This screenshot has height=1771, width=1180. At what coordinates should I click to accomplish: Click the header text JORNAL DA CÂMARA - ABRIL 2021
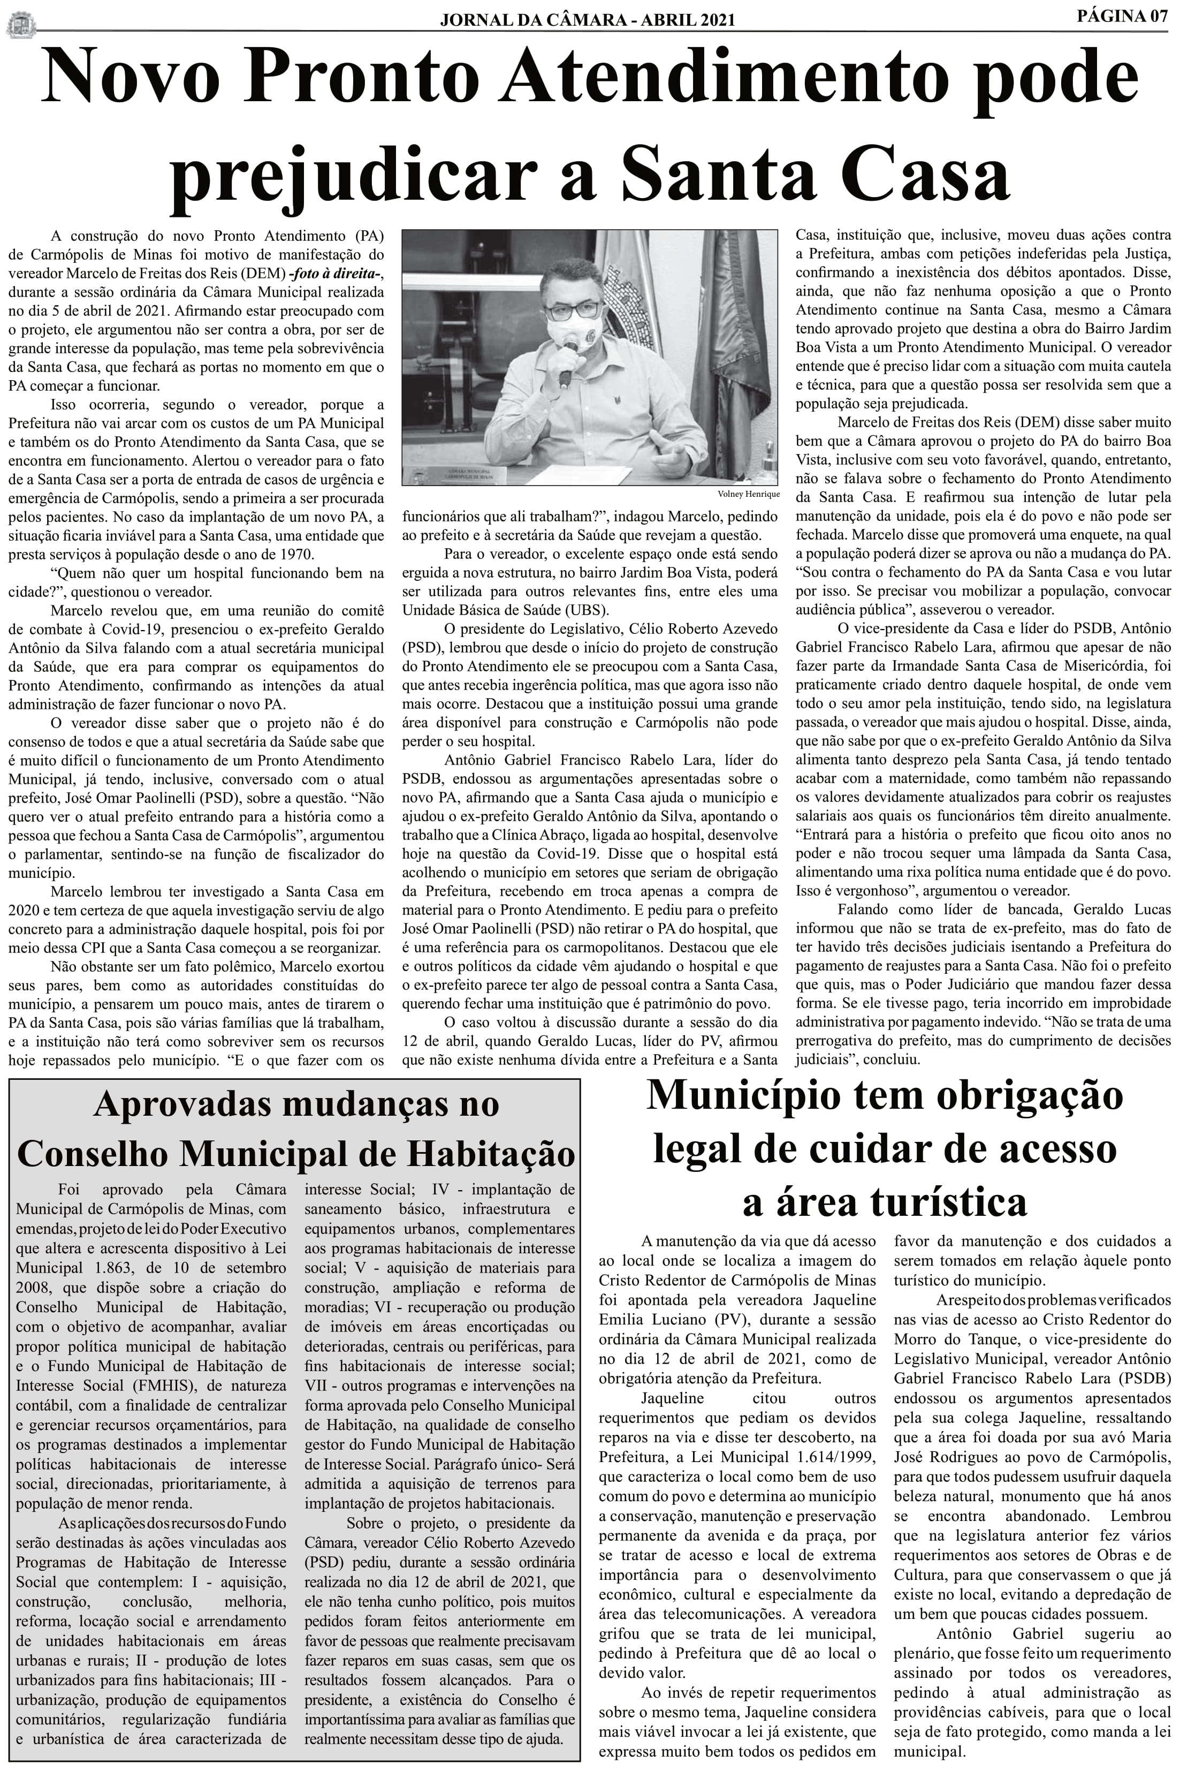587,20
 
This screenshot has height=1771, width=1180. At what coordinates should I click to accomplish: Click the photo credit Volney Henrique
748,495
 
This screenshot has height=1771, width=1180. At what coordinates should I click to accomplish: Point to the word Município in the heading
742,1096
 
